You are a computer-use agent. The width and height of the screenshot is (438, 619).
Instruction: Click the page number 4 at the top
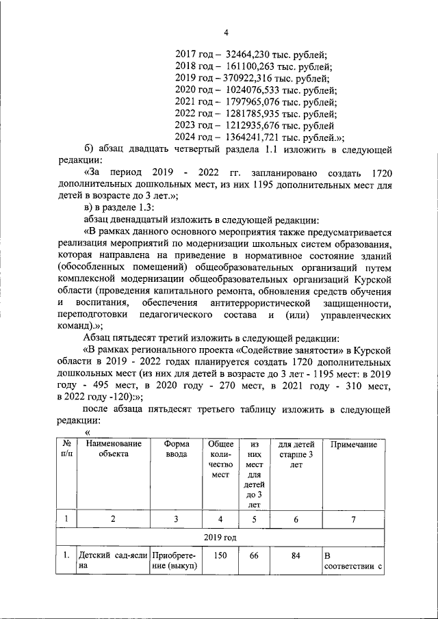point(225,31)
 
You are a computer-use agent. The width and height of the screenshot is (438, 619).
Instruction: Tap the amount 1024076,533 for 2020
point(257,90)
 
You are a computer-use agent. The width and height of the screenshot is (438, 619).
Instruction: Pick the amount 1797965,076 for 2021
point(257,102)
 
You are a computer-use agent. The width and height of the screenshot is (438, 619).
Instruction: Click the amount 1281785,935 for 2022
point(257,114)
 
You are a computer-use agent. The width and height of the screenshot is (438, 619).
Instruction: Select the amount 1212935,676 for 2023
point(257,125)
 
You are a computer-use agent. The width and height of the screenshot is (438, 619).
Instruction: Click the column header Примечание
point(354,445)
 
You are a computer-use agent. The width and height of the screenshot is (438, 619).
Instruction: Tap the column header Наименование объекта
point(113,449)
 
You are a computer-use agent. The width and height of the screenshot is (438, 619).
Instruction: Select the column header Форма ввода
point(176,449)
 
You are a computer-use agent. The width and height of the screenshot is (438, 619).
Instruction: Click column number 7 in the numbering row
point(354,519)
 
